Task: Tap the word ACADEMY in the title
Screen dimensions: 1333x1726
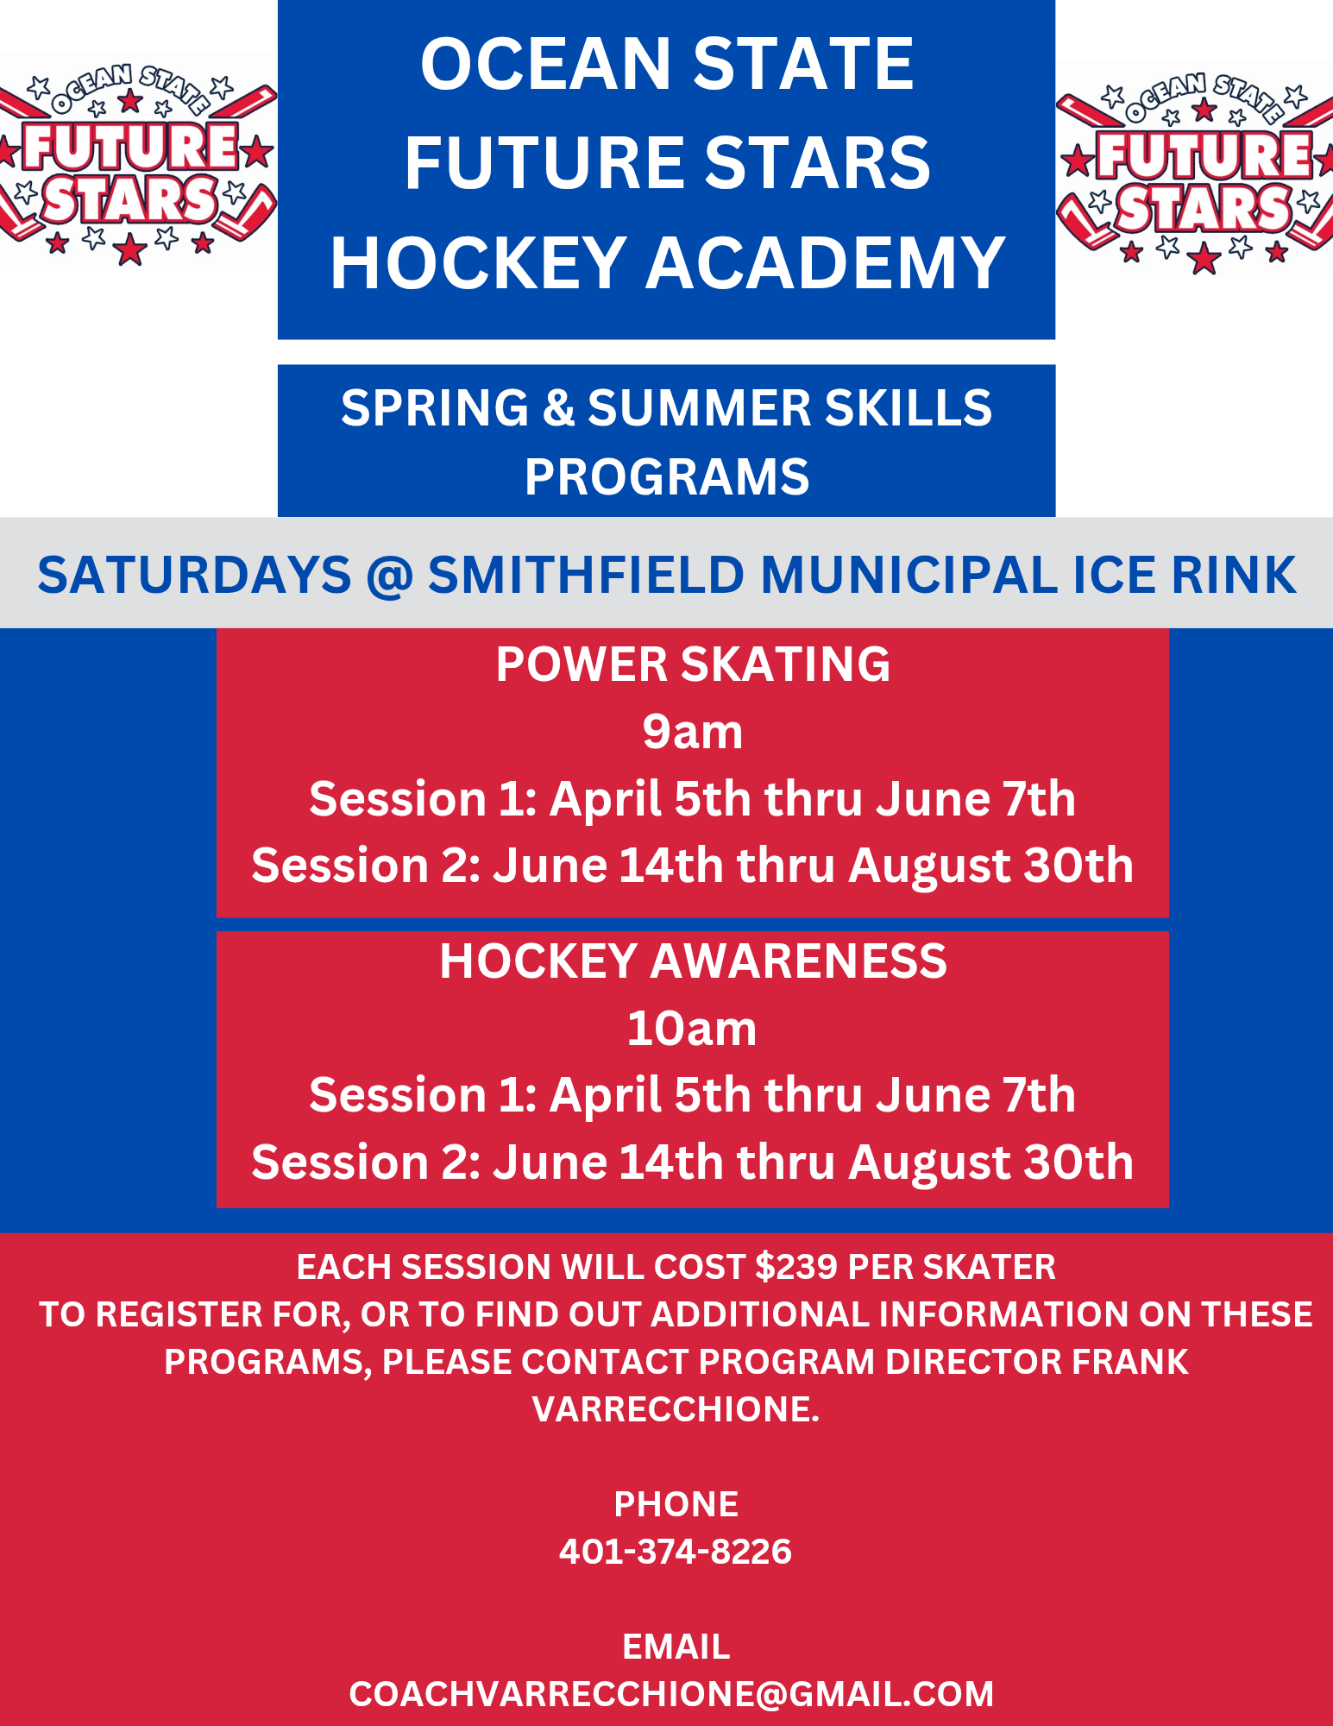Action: point(826,262)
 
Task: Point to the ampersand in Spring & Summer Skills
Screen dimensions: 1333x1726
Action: point(558,408)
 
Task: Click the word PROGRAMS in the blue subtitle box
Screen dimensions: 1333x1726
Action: point(667,477)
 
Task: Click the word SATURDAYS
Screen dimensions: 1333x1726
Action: point(194,575)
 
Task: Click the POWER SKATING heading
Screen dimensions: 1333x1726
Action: point(693,665)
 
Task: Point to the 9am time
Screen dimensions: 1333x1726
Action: point(692,732)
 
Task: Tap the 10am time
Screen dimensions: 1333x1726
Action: point(692,1029)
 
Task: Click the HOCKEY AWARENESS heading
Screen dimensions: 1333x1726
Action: point(693,961)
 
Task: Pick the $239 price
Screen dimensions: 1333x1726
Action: point(796,1267)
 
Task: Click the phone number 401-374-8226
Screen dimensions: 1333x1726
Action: point(676,1552)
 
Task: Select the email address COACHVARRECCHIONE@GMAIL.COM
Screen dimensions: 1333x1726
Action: point(671,1694)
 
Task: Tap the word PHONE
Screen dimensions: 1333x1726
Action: point(676,1504)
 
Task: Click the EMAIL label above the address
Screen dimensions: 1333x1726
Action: point(676,1647)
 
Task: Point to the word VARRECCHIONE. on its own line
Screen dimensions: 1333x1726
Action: point(676,1409)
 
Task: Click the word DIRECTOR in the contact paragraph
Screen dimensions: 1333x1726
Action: point(974,1362)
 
